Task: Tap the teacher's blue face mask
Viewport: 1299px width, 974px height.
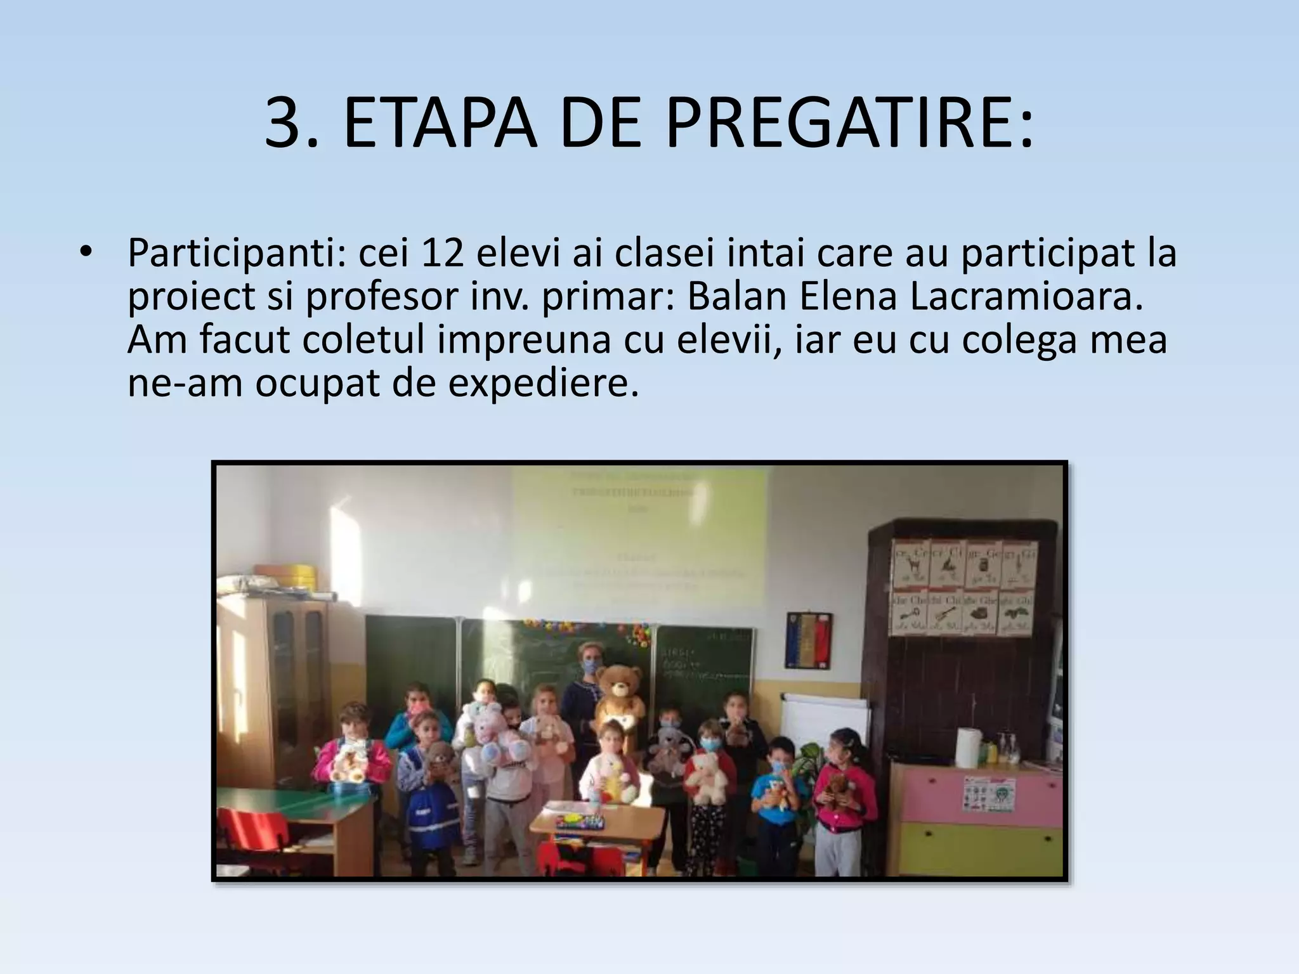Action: [592, 666]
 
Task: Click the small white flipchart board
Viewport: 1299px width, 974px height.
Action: [824, 723]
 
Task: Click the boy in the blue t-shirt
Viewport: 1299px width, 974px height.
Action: [778, 793]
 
